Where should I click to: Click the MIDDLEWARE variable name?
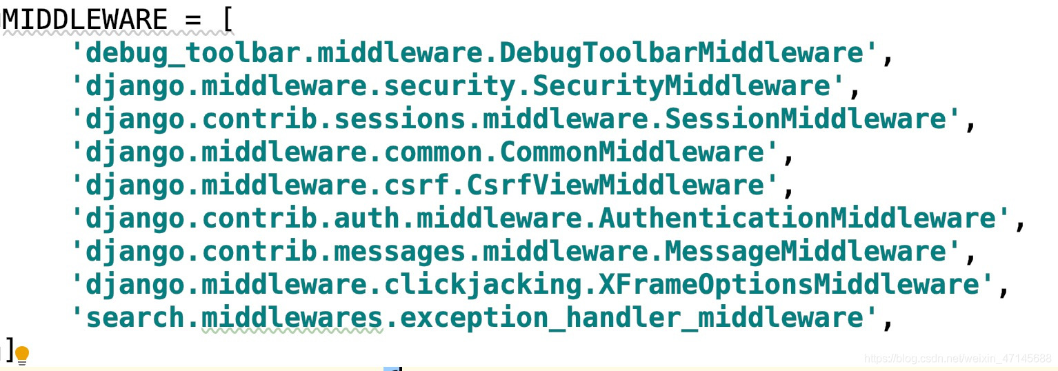[x=84, y=19]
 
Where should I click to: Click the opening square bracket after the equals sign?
[x=227, y=19]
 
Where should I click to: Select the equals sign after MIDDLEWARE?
[x=193, y=19]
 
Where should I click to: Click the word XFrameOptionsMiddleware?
[x=815, y=285]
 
